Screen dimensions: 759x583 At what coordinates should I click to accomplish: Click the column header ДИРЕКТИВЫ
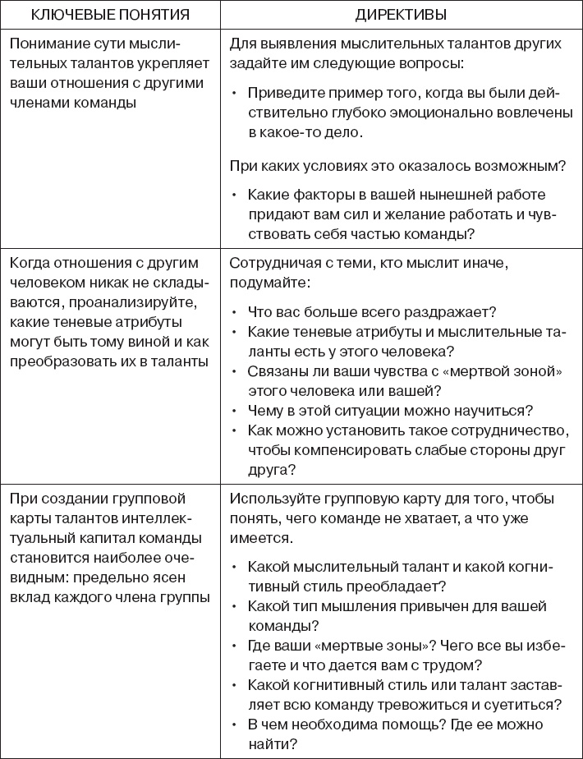click(402, 14)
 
